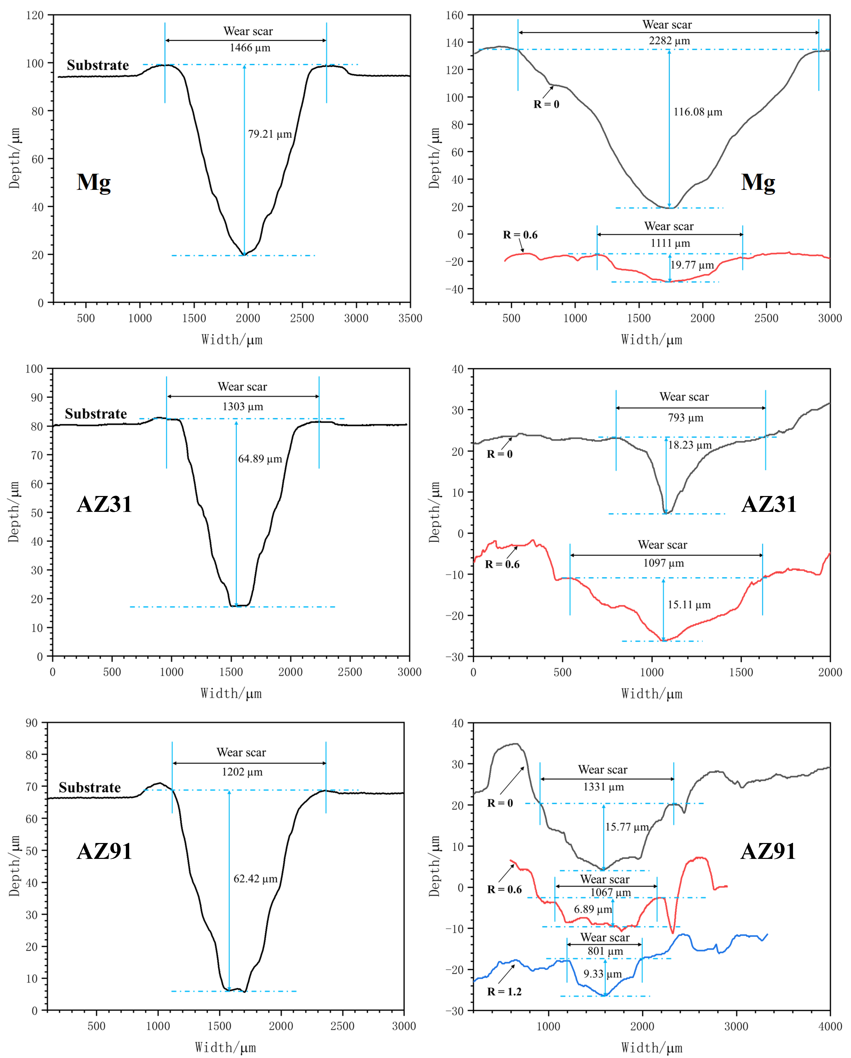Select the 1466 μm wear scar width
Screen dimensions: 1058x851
[250, 48]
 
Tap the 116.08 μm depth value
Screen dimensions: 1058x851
[697, 112]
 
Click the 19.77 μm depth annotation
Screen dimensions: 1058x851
[692, 265]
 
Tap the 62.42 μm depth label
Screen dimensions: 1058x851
[255, 878]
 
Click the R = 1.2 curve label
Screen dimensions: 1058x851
[504, 991]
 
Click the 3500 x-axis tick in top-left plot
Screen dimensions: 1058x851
[410, 318]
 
